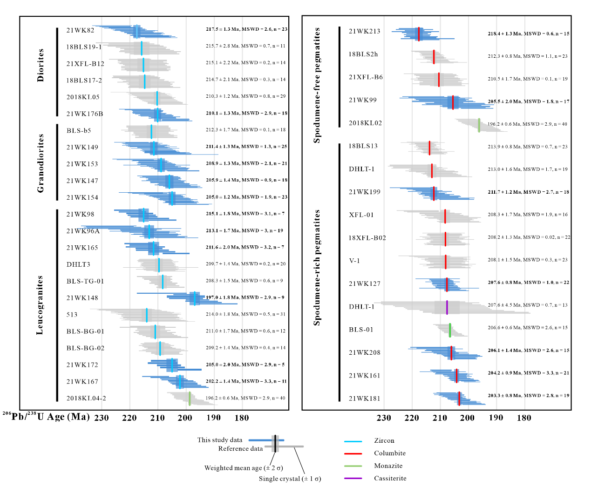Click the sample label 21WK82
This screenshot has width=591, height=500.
80,30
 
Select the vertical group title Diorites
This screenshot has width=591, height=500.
41,65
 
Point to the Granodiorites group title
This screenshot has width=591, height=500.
41,163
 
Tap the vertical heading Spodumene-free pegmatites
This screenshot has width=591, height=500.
317,85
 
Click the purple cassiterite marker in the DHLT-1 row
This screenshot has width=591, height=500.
447,308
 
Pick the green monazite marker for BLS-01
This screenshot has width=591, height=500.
450,330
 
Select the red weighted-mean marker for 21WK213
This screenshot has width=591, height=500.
419,34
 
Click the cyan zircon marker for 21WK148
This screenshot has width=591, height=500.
195,298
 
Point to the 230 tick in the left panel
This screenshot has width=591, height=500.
102,418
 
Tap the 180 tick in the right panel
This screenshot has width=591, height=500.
524,418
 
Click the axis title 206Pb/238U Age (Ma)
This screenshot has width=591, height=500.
46,416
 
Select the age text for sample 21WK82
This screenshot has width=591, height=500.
246,29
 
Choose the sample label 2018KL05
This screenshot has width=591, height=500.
83,97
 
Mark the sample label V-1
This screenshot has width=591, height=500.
354,261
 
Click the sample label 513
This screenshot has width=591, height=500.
72,315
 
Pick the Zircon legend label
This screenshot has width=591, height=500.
384,441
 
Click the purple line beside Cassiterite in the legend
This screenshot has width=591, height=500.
353,479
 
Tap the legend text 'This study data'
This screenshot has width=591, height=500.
220,440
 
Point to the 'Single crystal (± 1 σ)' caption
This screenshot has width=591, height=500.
290,479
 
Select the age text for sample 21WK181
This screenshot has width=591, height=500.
528,396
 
